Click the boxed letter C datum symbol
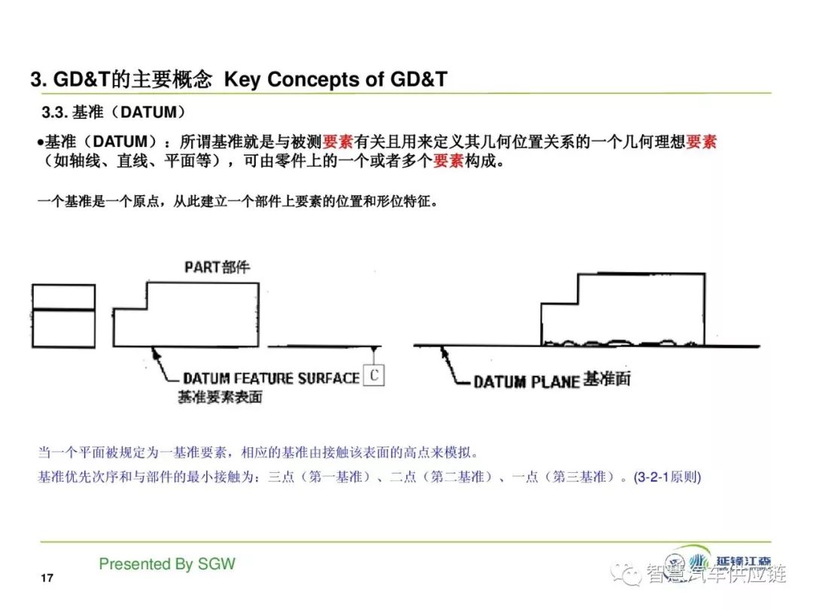[374, 374]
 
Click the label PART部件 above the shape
[218, 267]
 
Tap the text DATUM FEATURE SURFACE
[271, 378]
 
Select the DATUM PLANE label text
[526, 382]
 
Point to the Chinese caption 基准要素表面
[220, 398]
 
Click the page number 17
[47, 578]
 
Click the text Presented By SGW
[167, 564]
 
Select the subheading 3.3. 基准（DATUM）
[114, 112]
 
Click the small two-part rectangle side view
[64, 316]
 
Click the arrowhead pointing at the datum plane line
[444, 352]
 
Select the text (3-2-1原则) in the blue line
[667, 477]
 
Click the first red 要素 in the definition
[338, 141]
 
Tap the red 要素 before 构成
[449, 161]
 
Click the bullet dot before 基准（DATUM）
[40, 142]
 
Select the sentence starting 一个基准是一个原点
[237, 201]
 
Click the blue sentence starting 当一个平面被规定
[257, 453]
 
